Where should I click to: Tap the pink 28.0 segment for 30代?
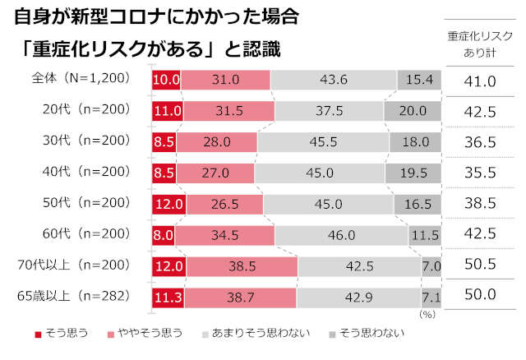click(x=217, y=141)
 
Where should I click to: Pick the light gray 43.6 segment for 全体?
click(x=334, y=80)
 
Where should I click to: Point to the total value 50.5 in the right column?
click(x=480, y=265)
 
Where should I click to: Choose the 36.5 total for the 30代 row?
click(x=480, y=141)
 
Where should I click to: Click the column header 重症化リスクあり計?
click(x=480, y=44)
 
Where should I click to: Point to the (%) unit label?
click(x=427, y=314)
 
